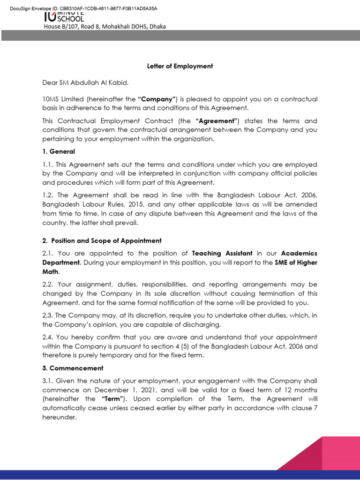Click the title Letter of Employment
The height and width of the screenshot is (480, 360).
[x=180, y=66]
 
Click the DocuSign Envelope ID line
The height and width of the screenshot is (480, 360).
[x=83, y=8]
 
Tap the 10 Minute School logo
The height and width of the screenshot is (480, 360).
[x=64, y=17]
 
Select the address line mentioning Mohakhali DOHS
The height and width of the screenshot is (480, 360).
[x=105, y=27]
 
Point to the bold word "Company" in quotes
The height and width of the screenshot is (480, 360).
[x=157, y=99]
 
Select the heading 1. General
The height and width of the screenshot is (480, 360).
[x=59, y=151]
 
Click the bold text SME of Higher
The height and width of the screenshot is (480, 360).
[x=296, y=262]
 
